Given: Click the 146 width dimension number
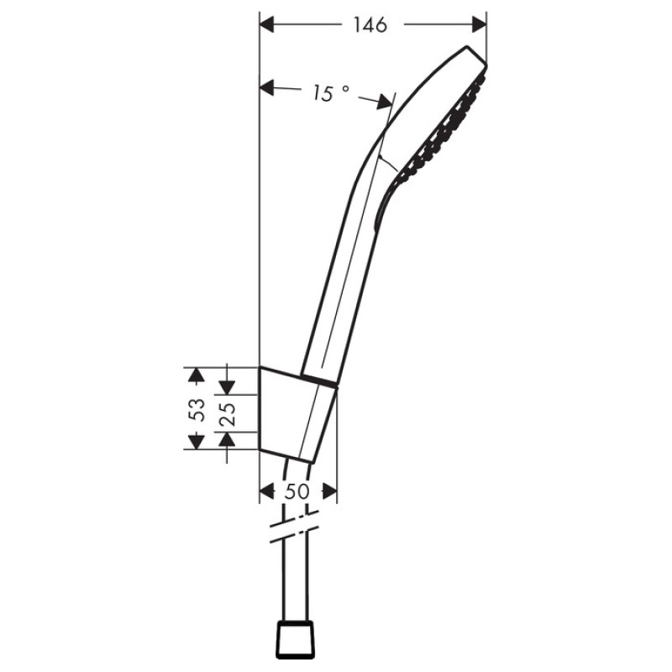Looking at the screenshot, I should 370,25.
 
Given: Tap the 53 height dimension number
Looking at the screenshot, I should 197,409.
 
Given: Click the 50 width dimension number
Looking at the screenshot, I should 297,492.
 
